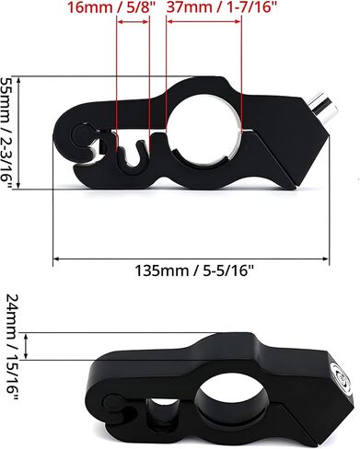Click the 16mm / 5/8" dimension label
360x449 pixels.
pos(110,7)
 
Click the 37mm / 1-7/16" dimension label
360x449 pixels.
pos(220,7)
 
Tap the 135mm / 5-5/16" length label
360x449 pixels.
pos(194,271)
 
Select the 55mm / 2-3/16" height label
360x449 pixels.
pos(6,132)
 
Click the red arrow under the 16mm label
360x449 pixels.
pos(134,22)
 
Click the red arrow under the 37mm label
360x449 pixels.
pos(204,22)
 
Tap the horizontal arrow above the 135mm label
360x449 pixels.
pos(191,259)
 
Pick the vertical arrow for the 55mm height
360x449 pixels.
pos(18,132)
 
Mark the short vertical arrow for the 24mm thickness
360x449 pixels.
pos(26,346)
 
